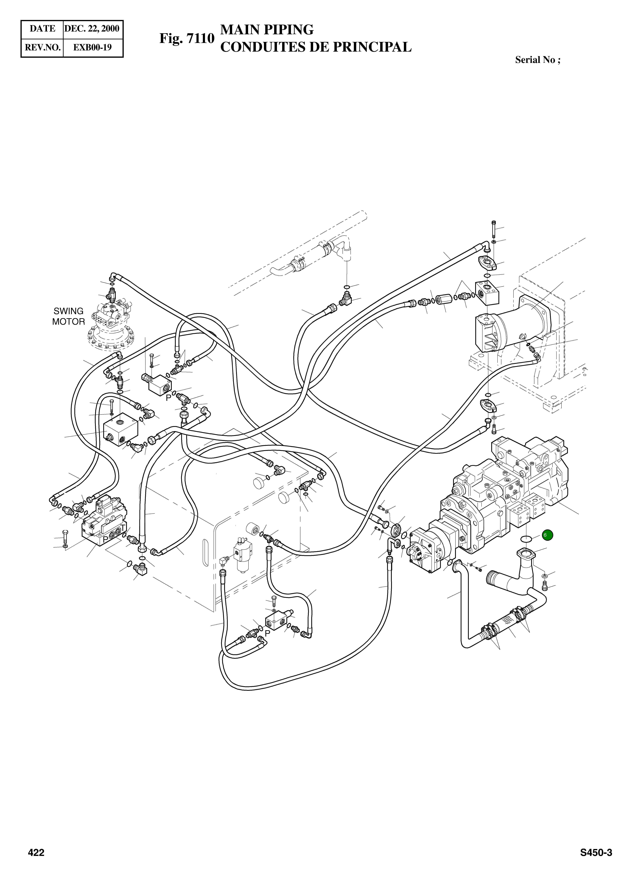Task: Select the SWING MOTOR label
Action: pyautogui.click(x=68, y=316)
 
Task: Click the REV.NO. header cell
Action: pyautogui.click(x=42, y=47)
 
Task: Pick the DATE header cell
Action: pyautogui.click(x=42, y=29)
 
